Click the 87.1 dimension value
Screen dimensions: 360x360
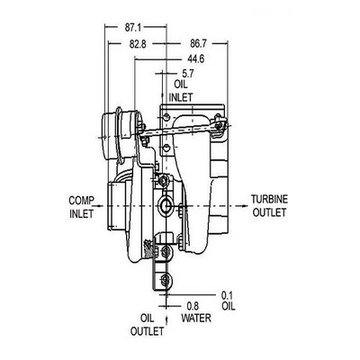click(133, 28)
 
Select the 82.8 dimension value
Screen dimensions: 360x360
click(138, 44)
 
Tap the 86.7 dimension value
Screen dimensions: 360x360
click(198, 44)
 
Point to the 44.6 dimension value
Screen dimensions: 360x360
click(196, 59)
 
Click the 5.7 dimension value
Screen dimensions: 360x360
click(188, 73)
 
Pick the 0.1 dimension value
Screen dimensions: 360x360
click(227, 295)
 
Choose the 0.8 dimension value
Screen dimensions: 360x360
click(193, 306)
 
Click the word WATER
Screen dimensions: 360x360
click(196, 318)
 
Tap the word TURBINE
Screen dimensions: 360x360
click(270, 199)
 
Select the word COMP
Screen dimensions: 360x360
click(82, 201)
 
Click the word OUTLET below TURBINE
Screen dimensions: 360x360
click(269, 212)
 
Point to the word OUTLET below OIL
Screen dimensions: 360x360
click(148, 331)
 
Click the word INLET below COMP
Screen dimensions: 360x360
click(82, 214)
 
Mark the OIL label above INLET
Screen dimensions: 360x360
click(181, 85)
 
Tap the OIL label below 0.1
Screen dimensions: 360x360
click(229, 306)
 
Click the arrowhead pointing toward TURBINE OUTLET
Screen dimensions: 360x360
click(244, 206)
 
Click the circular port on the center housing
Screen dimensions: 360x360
click(166, 206)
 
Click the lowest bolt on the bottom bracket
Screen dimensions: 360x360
click(165, 281)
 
